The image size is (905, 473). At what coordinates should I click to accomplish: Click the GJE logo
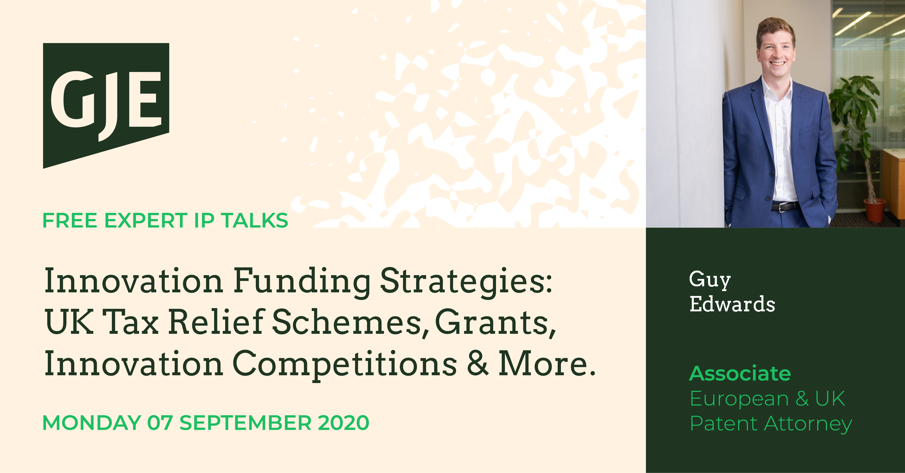[x=106, y=105]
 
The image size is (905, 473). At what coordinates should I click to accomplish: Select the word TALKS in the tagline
[x=255, y=221]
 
